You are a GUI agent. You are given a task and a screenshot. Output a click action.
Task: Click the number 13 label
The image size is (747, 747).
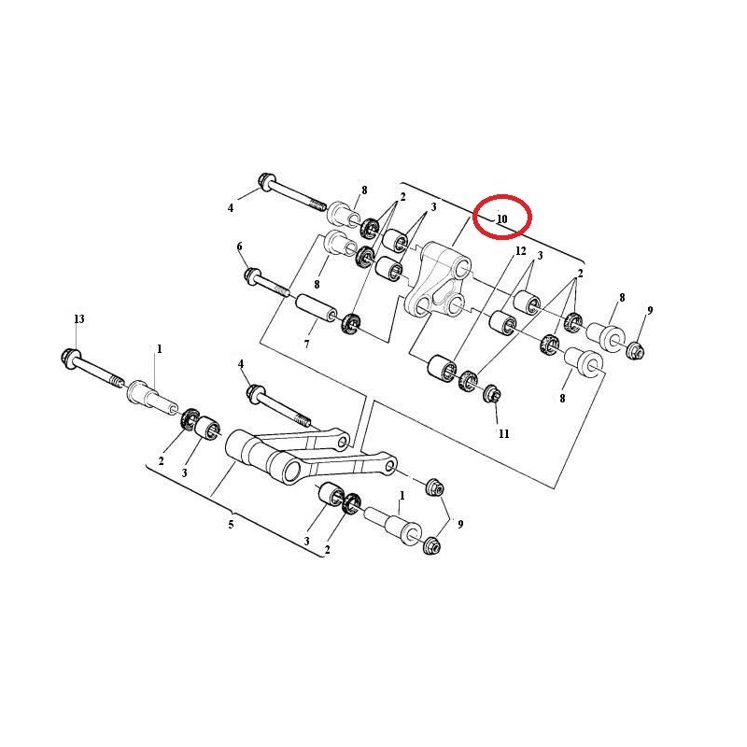(79, 319)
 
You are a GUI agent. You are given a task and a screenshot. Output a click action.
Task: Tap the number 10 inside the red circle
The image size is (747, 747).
(501, 218)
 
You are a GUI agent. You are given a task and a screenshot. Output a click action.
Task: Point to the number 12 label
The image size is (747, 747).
(520, 252)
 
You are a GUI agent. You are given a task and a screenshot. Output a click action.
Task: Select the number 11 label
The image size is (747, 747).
(503, 434)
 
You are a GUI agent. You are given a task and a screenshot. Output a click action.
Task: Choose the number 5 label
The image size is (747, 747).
(232, 524)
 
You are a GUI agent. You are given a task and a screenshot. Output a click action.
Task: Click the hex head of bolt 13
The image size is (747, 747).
(71, 356)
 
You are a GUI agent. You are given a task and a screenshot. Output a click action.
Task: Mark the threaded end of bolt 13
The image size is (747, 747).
(115, 380)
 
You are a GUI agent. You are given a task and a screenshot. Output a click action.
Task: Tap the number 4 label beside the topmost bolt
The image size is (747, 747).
(231, 207)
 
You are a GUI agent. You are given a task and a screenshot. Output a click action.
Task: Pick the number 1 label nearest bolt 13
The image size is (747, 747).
(159, 348)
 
